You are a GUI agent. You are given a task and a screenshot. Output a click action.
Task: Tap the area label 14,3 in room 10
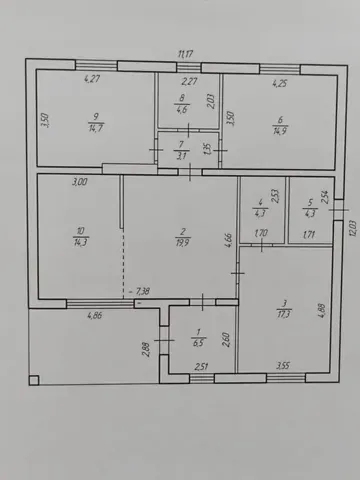80,242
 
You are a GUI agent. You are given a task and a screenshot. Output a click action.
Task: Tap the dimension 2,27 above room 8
189,83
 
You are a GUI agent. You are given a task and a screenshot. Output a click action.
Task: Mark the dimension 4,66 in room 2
229,238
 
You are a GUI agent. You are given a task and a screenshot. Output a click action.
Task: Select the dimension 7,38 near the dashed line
142,292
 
